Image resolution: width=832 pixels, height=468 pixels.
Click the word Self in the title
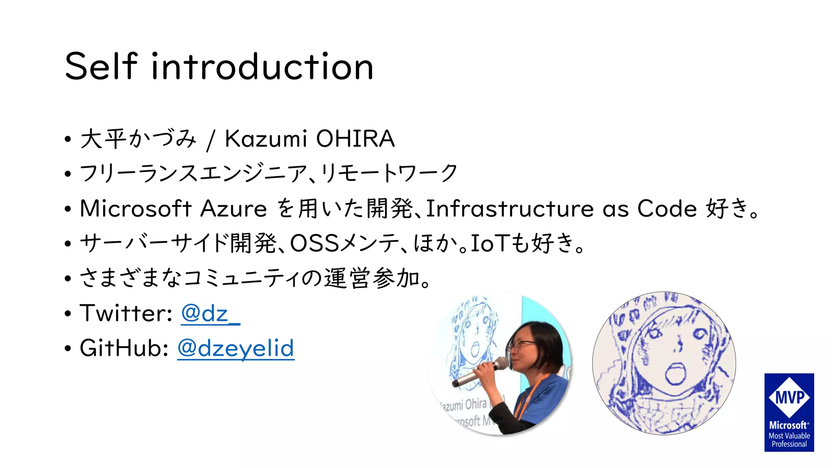coord(101,66)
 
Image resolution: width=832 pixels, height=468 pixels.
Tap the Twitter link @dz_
coord(210,314)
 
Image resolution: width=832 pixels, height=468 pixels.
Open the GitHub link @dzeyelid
coord(236,349)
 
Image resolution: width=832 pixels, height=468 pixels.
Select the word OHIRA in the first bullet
coord(355,139)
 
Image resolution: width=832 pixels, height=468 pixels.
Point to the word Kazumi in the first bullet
coord(266,139)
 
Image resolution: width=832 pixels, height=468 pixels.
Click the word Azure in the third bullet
coord(234,209)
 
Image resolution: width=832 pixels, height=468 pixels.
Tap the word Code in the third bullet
coord(667,209)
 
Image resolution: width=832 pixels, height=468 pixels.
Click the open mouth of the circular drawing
coord(675,374)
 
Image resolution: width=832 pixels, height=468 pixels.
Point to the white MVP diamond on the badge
coord(789,397)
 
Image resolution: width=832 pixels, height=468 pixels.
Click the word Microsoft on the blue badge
coord(788,425)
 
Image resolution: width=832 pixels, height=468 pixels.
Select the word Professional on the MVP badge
coord(789,444)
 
